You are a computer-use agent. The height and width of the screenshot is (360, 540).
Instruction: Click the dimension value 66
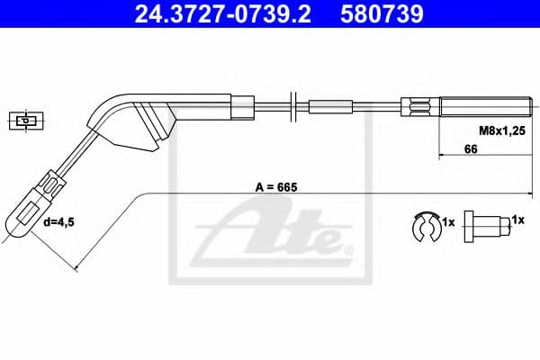point(470,150)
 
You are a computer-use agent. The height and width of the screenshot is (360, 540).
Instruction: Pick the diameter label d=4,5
point(60,220)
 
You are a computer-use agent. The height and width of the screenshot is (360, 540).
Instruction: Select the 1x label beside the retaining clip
point(447,220)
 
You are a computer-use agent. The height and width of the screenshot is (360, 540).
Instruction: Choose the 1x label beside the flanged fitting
point(517,219)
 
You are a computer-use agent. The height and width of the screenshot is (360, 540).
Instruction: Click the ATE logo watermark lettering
point(270,236)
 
